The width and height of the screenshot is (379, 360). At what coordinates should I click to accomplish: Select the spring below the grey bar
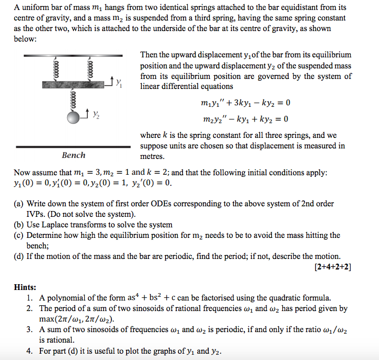[74, 99]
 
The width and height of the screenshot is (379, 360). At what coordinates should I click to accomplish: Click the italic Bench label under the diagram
[73, 155]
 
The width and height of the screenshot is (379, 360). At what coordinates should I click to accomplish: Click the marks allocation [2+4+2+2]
[333, 267]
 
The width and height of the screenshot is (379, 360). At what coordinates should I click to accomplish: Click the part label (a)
[19, 204]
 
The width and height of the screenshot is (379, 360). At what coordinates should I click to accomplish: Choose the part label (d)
[19, 256]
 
